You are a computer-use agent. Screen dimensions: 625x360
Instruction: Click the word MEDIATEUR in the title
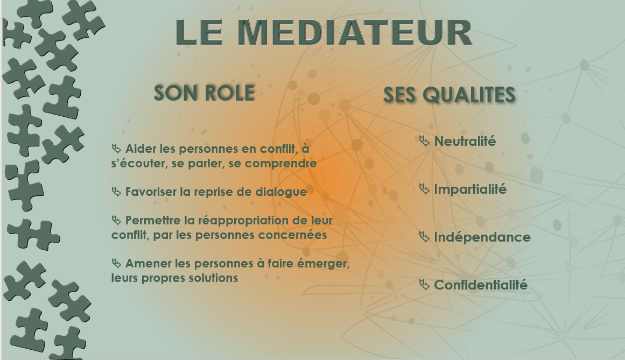pyautogui.click(x=355, y=32)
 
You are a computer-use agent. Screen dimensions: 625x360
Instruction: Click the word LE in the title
pyautogui.click(x=199, y=32)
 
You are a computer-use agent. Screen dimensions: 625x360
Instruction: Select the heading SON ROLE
pyautogui.click(x=204, y=93)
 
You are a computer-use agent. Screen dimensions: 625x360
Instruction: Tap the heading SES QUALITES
pyautogui.click(x=449, y=95)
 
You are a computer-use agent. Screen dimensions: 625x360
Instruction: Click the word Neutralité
pyautogui.click(x=465, y=142)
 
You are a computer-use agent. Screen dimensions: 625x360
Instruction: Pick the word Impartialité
pyautogui.click(x=470, y=189)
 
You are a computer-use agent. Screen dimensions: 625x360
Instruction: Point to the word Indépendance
pyautogui.click(x=482, y=237)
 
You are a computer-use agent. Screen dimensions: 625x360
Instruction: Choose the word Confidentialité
pyautogui.click(x=481, y=285)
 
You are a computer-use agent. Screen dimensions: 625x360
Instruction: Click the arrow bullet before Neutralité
pyautogui.click(x=424, y=141)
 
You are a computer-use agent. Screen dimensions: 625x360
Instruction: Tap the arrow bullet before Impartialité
pyautogui.click(x=424, y=189)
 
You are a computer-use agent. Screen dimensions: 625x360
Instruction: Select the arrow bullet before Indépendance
pyautogui.click(x=424, y=237)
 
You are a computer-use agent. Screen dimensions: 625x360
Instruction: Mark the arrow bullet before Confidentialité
pyautogui.click(x=424, y=285)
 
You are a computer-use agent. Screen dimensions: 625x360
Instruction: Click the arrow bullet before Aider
pyautogui.click(x=116, y=149)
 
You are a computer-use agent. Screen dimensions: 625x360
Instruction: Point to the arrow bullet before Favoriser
pyautogui.click(x=116, y=192)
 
